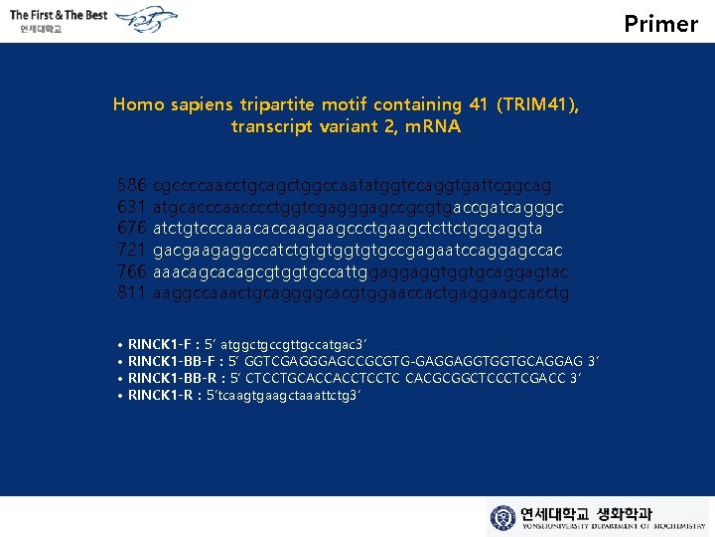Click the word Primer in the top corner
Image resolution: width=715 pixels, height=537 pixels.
click(x=661, y=23)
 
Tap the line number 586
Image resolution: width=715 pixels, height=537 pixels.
click(x=132, y=185)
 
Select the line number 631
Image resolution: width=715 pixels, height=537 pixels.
click(x=132, y=207)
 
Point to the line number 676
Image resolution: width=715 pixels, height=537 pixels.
click(x=132, y=229)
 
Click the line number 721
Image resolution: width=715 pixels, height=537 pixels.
click(x=132, y=250)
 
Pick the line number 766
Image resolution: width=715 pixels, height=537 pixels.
click(x=132, y=271)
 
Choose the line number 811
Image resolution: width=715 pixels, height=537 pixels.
click(x=132, y=293)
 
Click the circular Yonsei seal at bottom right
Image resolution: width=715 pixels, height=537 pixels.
click(x=503, y=517)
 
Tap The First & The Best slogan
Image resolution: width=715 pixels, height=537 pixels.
click(x=59, y=15)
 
